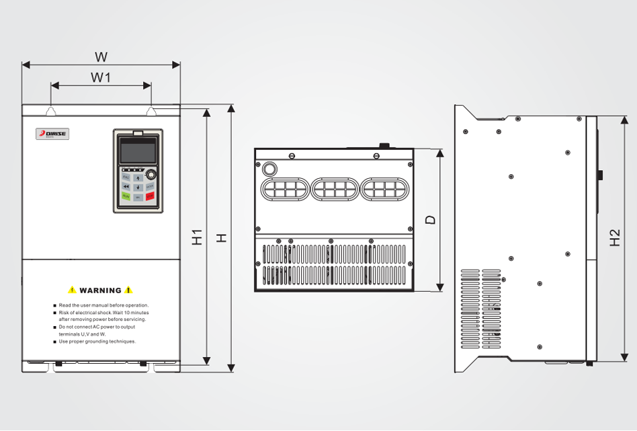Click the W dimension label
[101, 56]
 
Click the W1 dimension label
[101, 77]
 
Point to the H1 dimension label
[197, 237]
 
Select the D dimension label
[431, 220]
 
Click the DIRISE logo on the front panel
[52, 134]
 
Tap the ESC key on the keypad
[126, 177]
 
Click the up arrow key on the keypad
[138, 178]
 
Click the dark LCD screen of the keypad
[138, 151]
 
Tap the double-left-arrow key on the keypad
[126, 187]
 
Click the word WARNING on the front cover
[101, 290]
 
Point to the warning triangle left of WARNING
[72, 290]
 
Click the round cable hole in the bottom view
[270, 168]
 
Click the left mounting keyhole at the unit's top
[51, 110]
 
